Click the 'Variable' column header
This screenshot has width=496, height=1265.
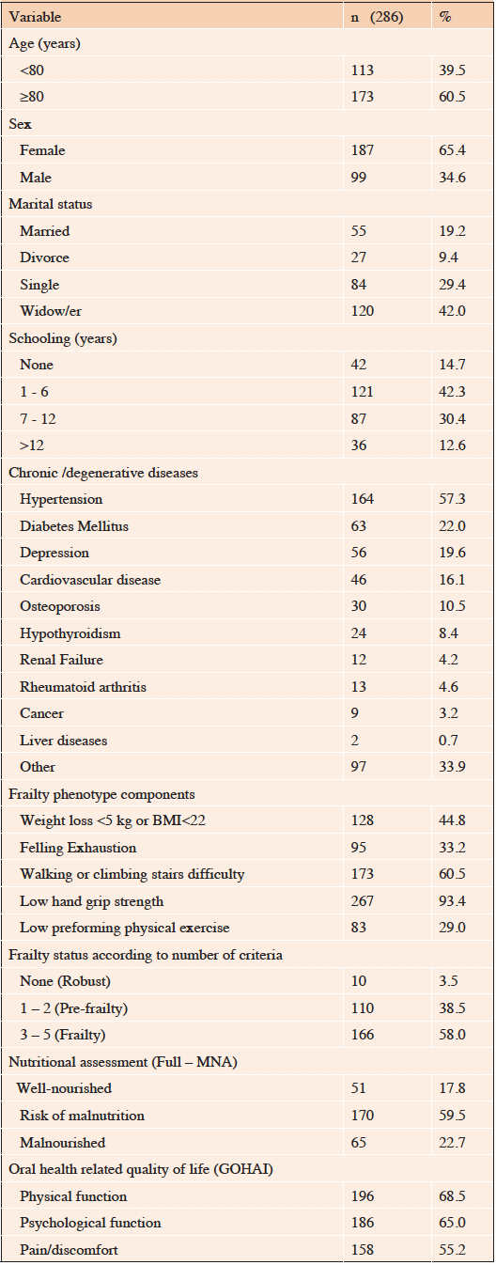pyautogui.click(x=35, y=17)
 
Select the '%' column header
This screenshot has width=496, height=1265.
pyautogui.click(x=445, y=17)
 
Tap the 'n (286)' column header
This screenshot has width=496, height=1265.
pyautogui.click(x=377, y=17)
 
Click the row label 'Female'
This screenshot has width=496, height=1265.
pyautogui.click(x=42, y=150)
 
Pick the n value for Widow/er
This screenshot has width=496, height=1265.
pyautogui.click(x=362, y=311)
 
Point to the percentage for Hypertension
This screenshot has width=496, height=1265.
pyautogui.click(x=452, y=499)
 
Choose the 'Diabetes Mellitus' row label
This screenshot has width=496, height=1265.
pyautogui.click(x=74, y=526)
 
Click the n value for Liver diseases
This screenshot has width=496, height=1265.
pyautogui.click(x=354, y=741)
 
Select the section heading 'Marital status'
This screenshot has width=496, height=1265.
pyautogui.click(x=50, y=205)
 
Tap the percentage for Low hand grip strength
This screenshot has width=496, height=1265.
pyautogui.click(x=452, y=901)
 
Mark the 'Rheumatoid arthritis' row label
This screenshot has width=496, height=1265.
pyautogui.click(x=83, y=687)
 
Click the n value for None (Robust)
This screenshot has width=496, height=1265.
pyautogui.click(x=358, y=981)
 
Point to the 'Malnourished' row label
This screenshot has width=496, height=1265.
pyautogui.click(x=63, y=1143)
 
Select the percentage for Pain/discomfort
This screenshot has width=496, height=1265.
pyautogui.click(x=452, y=1250)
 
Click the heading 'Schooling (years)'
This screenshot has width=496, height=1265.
pyautogui.click(x=63, y=338)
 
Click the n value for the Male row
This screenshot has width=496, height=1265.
pyautogui.click(x=358, y=178)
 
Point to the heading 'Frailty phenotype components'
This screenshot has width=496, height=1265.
pyautogui.click(x=101, y=794)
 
